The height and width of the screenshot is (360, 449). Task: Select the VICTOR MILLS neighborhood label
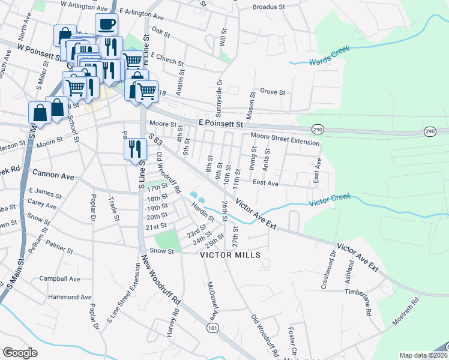click(x=231, y=255)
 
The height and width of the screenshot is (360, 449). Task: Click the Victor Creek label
click(x=330, y=200)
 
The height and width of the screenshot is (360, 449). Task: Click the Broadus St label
click(x=268, y=7)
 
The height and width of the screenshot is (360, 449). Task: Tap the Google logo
click(x=20, y=353)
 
